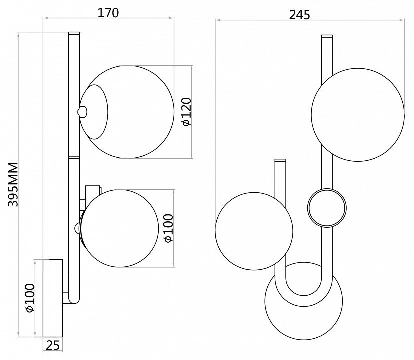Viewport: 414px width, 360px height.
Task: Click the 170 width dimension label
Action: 108,13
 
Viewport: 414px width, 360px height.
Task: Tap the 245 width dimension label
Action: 300,15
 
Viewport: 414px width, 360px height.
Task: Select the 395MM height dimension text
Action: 13,184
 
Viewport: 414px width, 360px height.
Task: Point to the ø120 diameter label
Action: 186,112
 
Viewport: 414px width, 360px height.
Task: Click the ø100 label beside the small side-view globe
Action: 168,228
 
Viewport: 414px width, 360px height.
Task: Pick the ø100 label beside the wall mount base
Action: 30,298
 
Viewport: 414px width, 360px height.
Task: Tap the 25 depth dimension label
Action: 53,345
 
